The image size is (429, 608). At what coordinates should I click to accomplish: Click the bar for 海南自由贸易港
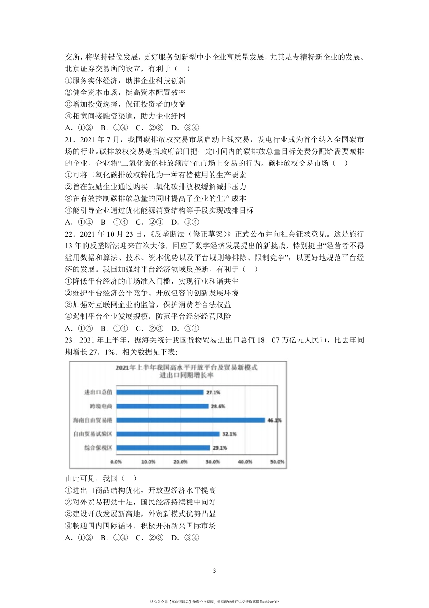[x=190, y=420]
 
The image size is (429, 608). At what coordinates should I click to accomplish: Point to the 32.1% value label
[x=229, y=434]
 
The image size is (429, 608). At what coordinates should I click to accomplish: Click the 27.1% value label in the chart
[x=213, y=392]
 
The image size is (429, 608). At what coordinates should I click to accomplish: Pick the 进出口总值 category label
[x=98, y=392]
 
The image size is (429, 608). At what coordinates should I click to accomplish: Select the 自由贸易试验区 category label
[x=93, y=434]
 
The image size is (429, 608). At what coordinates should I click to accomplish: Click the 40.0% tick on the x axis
[x=245, y=462]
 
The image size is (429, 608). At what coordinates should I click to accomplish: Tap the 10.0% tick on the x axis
[x=148, y=462]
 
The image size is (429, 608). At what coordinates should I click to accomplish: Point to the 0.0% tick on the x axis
[x=116, y=462]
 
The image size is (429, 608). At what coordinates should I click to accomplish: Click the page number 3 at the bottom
[x=214, y=571]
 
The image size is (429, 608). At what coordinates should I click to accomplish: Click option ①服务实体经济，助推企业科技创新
[x=125, y=81]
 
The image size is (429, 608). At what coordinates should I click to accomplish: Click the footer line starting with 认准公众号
[x=214, y=602]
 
